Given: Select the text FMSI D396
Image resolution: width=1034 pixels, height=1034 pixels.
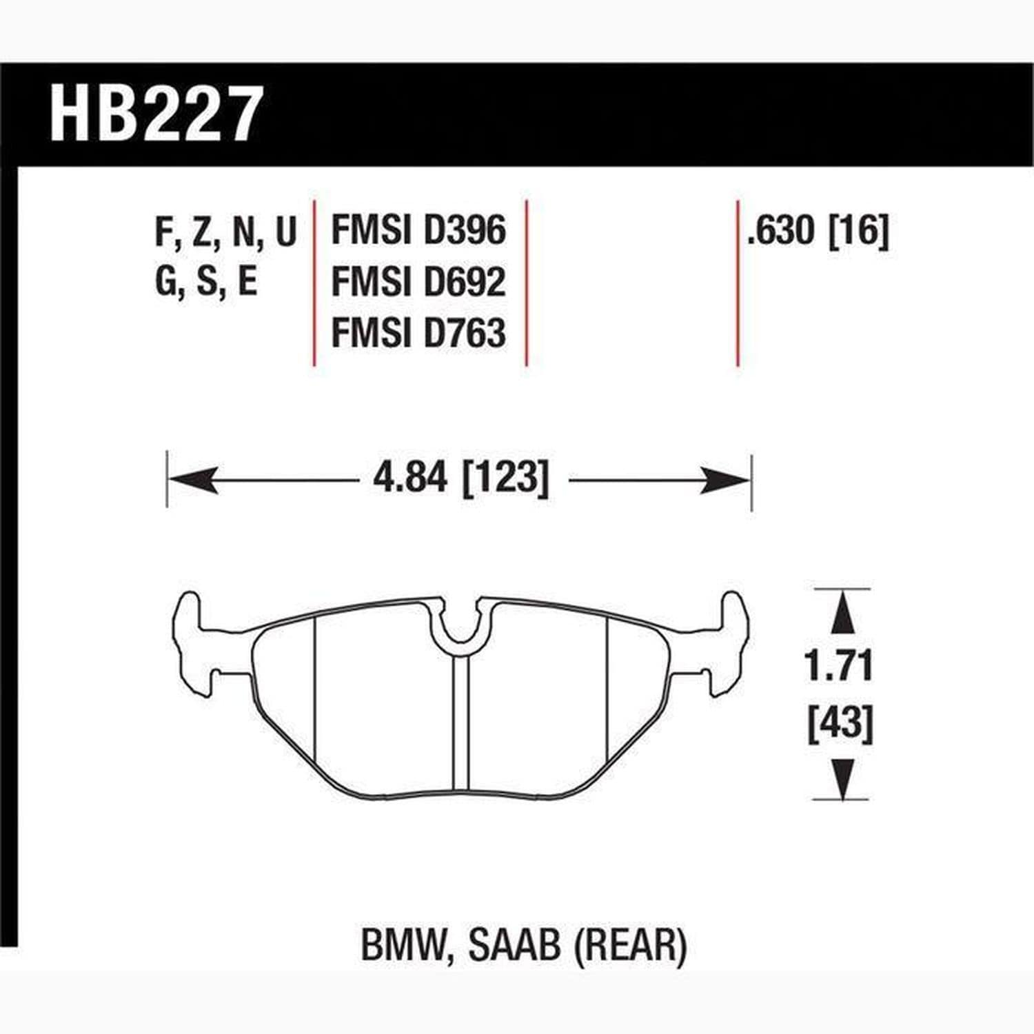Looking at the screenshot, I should tap(418, 230).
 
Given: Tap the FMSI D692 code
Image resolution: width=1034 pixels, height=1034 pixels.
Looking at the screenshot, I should tap(418, 281).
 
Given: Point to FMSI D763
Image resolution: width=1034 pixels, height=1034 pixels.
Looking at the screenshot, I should tap(418, 332).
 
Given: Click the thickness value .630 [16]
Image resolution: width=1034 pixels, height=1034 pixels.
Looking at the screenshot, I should tap(818, 230).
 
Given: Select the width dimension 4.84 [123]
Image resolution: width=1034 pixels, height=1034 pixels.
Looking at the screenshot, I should tap(460, 478).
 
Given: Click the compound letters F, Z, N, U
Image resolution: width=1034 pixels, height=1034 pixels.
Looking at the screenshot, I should tap(225, 232).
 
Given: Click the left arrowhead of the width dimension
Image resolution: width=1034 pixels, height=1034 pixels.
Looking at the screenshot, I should tap(194, 480).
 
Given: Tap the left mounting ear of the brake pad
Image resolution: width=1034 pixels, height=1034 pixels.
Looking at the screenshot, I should tap(190, 638).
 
